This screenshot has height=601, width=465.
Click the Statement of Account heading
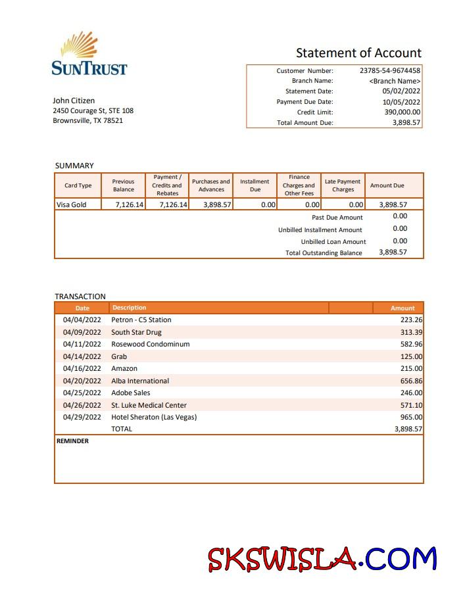pyautogui.click(x=358, y=53)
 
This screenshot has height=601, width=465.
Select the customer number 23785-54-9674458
pyautogui.click(x=390, y=70)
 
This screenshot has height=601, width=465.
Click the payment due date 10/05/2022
pyautogui.click(x=401, y=102)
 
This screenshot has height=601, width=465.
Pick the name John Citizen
pyautogui.click(x=74, y=101)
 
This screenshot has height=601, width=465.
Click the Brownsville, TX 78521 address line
pyautogui.click(x=87, y=121)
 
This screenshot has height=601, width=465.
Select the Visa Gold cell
pyautogui.click(x=72, y=204)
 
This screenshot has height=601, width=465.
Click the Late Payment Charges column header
pyautogui.click(x=343, y=185)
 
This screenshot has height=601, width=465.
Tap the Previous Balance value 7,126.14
pyautogui.click(x=129, y=204)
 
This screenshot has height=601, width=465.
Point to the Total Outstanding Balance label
pyautogui.click(x=324, y=253)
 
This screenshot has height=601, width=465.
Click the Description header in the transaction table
pyautogui.click(x=130, y=308)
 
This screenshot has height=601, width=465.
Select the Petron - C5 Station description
pyautogui.click(x=141, y=320)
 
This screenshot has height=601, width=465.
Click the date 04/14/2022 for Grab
pyautogui.click(x=82, y=356)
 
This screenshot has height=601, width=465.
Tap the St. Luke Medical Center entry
pyautogui.click(x=149, y=405)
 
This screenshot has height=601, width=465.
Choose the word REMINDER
pyautogui.click(x=73, y=441)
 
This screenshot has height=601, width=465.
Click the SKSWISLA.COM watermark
pyautogui.click(x=322, y=560)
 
